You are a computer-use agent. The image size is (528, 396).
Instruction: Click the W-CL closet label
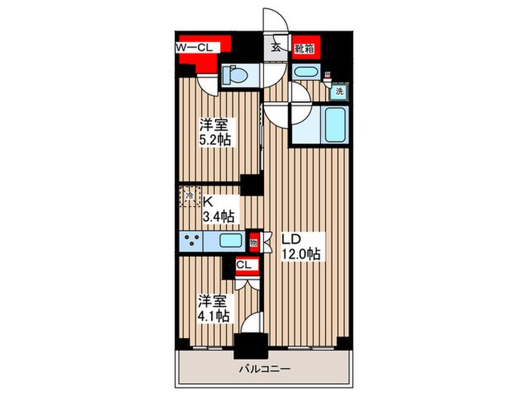[198, 48]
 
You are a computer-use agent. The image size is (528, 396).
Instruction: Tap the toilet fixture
[235, 75]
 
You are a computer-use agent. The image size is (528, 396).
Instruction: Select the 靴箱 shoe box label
[305, 47]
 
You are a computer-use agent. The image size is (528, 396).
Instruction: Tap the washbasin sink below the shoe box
[305, 73]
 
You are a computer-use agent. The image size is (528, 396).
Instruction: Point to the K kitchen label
[209, 201]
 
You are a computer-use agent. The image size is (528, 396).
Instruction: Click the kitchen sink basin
[230, 241]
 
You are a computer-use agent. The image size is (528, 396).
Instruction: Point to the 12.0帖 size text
[302, 255]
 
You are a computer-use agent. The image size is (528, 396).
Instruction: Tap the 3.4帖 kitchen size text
[218, 216]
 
